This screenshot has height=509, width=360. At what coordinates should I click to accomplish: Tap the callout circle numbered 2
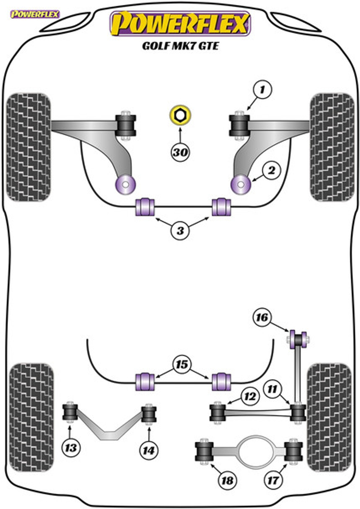pyautogui.click(x=271, y=170)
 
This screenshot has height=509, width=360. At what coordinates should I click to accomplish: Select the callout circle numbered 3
pyautogui.click(x=180, y=231)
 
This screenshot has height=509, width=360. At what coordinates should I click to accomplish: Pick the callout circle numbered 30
pyautogui.click(x=180, y=152)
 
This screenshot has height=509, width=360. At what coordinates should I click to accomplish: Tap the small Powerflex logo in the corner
pyautogui.click(x=35, y=14)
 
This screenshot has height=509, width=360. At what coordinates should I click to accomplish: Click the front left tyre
pyautogui.click(x=28, y=147)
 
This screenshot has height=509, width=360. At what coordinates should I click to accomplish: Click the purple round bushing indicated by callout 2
pyautogui.click(x=241, y=184)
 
